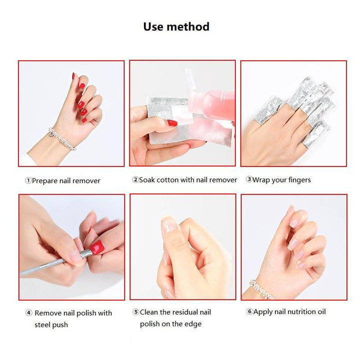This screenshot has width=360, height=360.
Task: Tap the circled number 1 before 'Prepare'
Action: click(x=28, y=180)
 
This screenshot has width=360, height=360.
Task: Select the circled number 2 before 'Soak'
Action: click(x=135, y=179)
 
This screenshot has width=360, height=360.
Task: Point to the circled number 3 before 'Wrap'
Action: click(x=249, y=179)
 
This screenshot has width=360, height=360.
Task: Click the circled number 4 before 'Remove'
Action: click(x=28, y=312)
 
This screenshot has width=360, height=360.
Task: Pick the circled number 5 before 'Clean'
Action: click(x=136, y=312)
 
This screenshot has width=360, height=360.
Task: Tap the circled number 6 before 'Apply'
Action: click(x=249, y=311)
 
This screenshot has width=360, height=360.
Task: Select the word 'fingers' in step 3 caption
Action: click(x=299, y=180)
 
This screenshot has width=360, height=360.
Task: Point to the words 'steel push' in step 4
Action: click(x=51, y=325)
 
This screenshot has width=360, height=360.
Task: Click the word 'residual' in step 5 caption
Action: click(x=185, y=312)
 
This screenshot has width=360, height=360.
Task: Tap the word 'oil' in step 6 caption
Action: click(x=321, y=311)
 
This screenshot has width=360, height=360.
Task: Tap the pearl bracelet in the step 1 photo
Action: click(x=62, y=138)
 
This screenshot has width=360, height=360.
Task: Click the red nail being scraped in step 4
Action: click(x=97, y=247)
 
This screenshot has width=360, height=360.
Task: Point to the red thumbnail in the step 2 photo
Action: click(x=172, y=123)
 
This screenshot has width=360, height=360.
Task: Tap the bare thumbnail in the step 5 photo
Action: click(x=169, y=224)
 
